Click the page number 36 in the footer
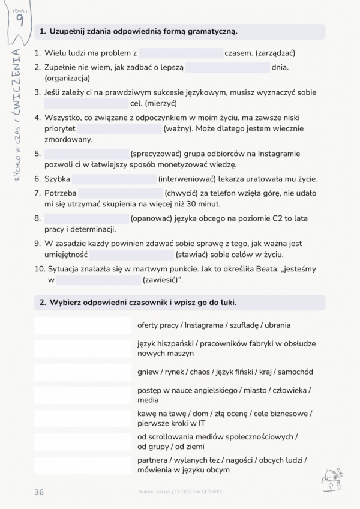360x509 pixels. tap(39, 492)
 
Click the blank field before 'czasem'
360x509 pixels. tap(181, 53)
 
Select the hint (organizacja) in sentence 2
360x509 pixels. tap(67, 78)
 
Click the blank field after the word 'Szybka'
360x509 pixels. tap(114, 179)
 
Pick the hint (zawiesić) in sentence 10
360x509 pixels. tap(162, 280)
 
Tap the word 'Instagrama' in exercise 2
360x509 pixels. tap(205, 325)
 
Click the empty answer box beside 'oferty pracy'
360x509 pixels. tap(83, 325)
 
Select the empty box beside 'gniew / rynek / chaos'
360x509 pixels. tap(83, 372)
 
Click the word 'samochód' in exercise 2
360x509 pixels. tap(295, 372)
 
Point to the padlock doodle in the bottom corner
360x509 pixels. tap(330, 478)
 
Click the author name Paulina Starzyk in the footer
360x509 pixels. tap(154, 492)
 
